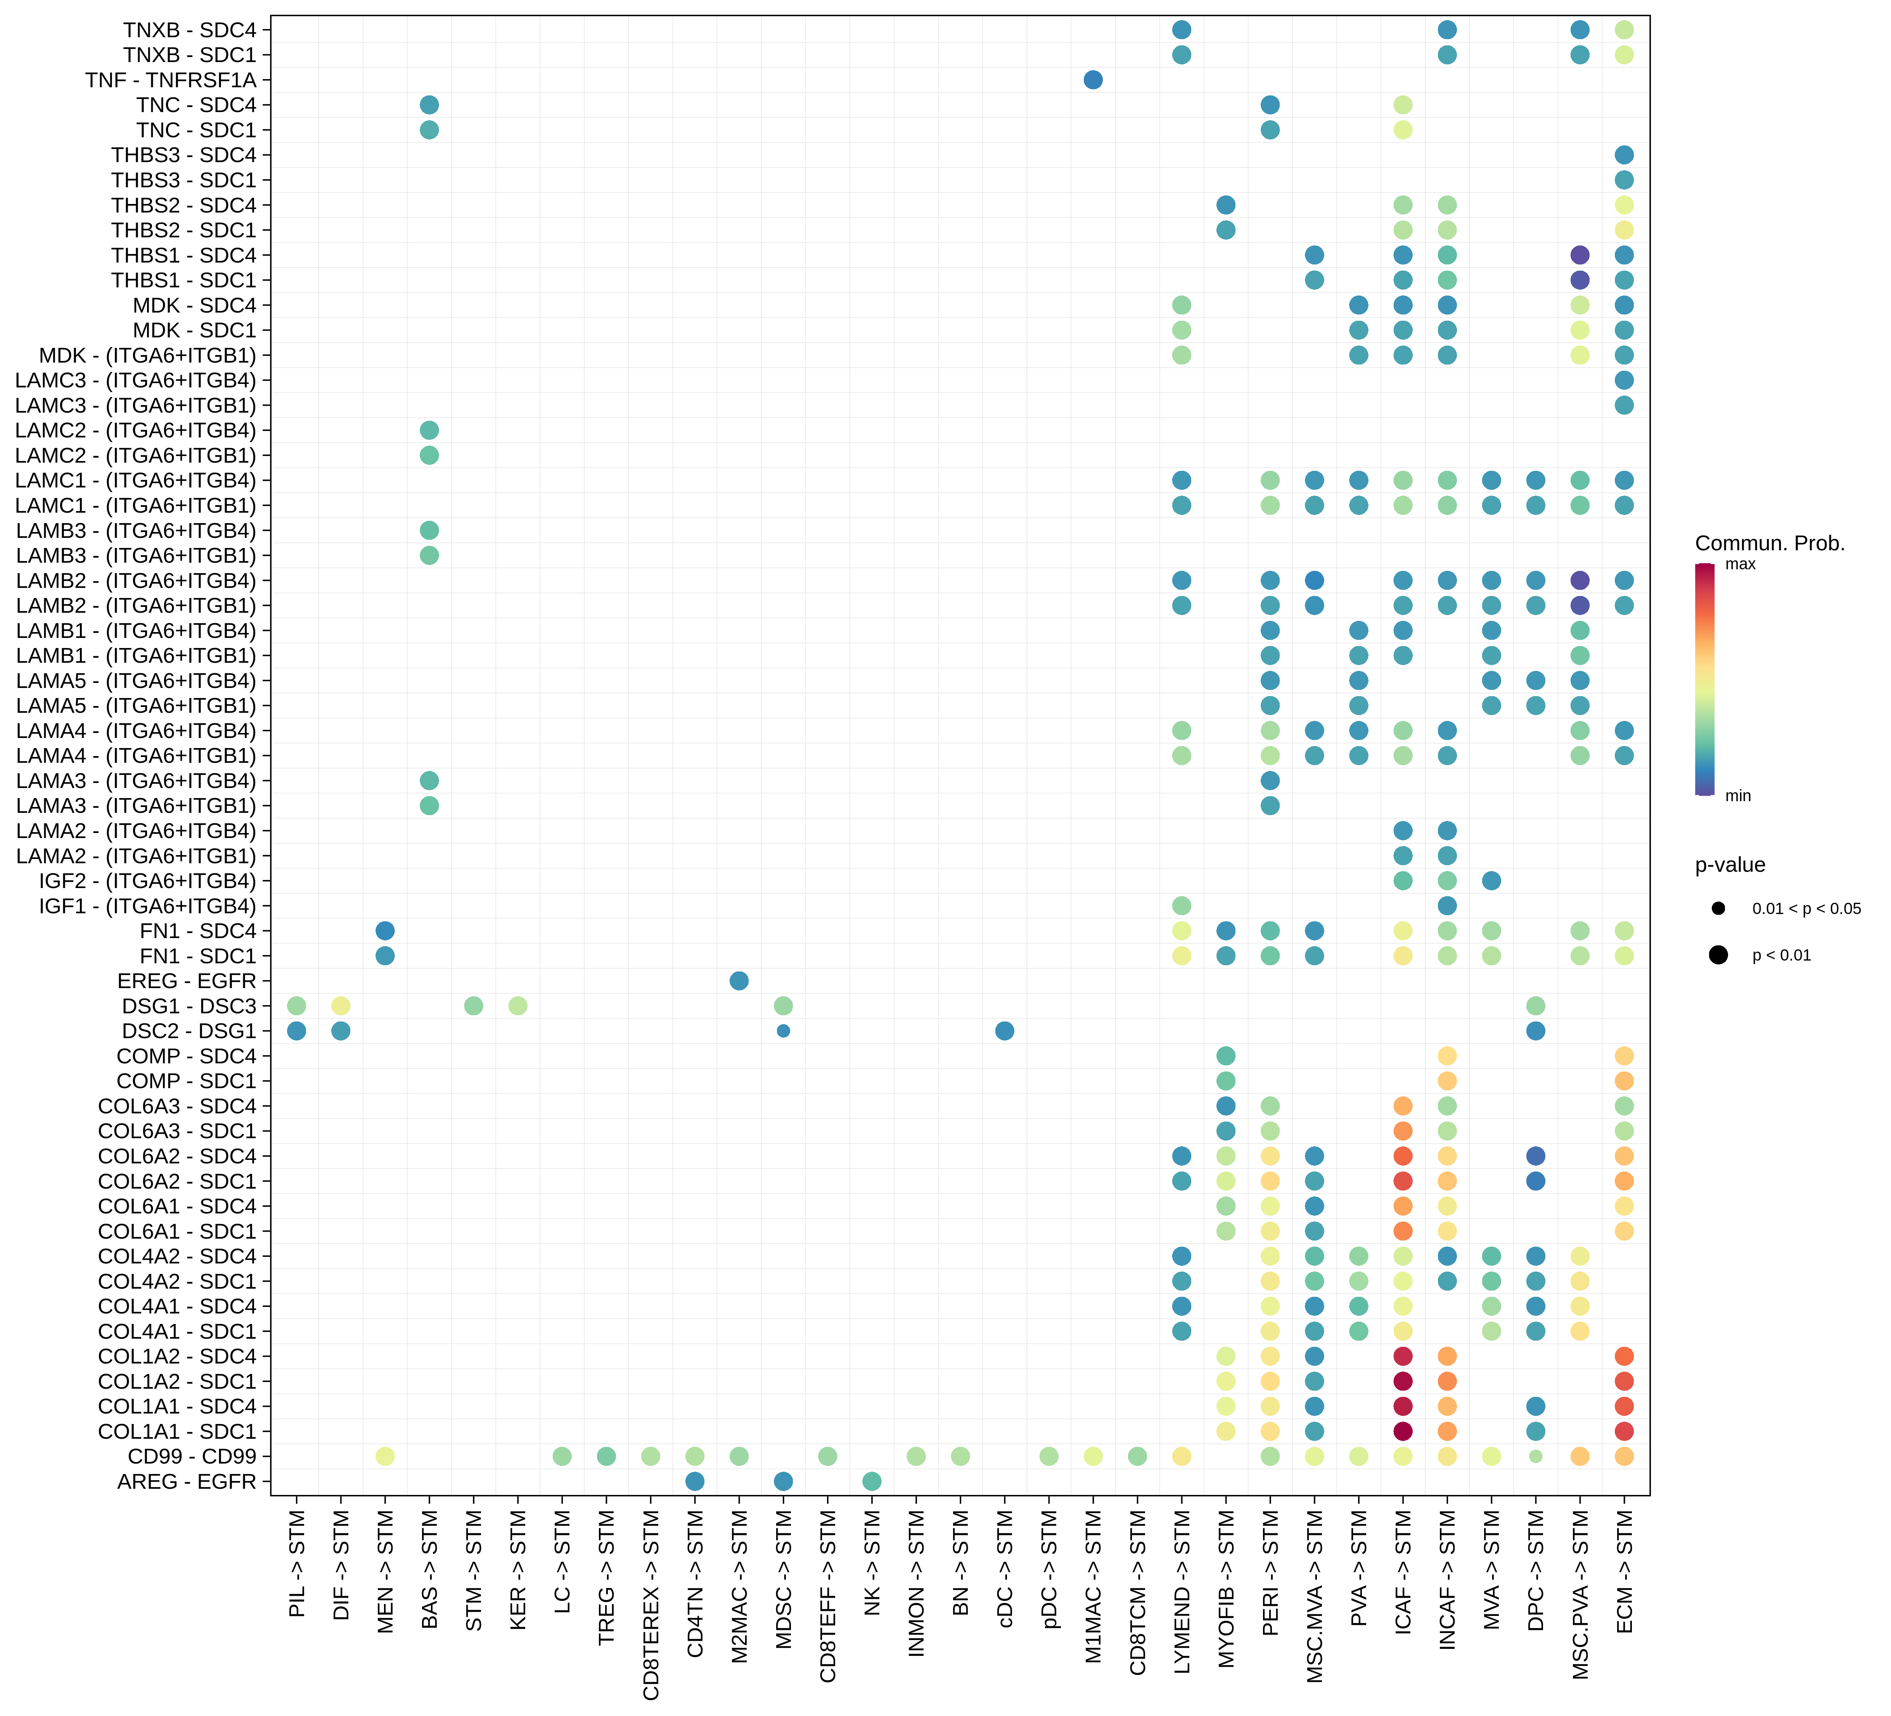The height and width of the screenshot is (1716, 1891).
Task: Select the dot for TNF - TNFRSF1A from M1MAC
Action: (1093, 80)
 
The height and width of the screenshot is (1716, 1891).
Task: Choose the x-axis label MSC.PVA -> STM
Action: (1581, 1594)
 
